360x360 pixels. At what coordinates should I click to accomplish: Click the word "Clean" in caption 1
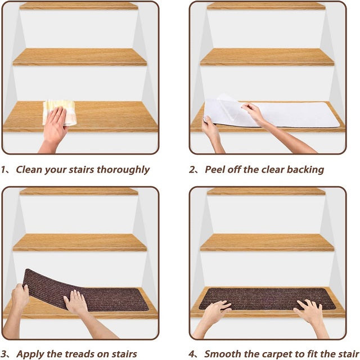29,170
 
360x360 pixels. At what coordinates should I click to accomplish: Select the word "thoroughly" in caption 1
123,170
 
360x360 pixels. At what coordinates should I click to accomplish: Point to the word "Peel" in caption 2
215,170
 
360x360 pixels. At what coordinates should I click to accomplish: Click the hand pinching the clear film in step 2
254,113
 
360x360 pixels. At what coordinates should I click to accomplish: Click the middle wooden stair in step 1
80,57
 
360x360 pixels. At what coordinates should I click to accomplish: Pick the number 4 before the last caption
191,354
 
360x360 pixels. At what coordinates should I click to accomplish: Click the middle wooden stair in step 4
267,242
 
